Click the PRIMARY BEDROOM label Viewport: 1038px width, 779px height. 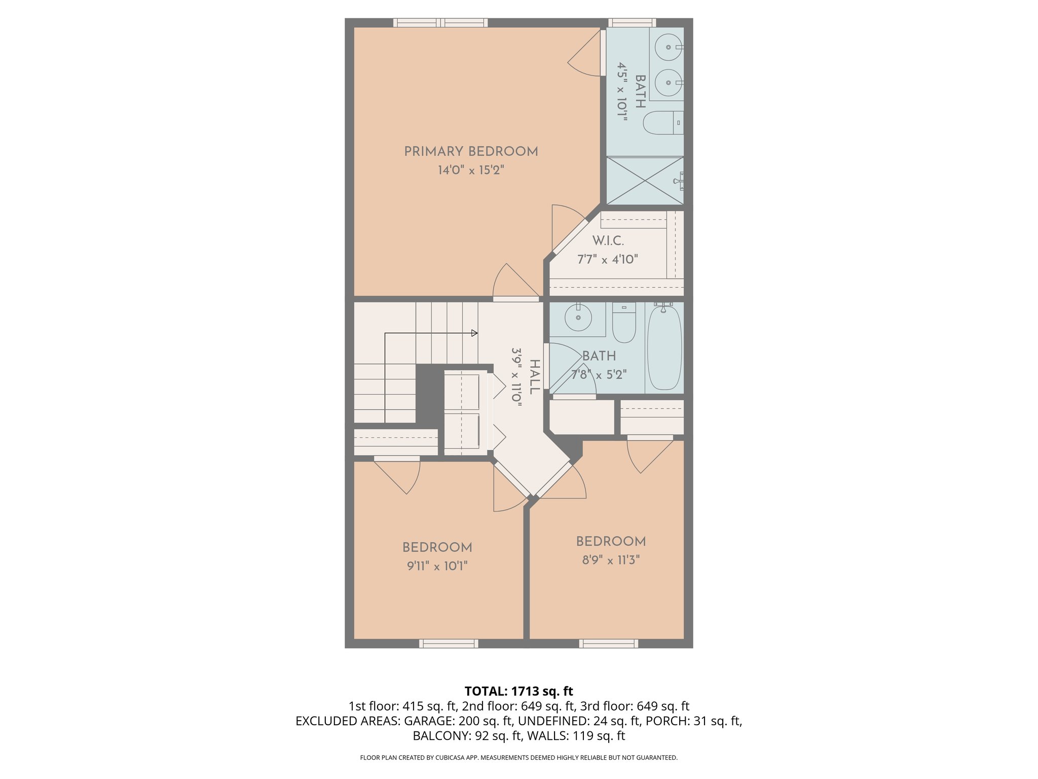click(x=471, y=151)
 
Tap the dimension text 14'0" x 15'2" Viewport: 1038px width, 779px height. click(x=471, y=170)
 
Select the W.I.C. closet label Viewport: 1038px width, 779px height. click(x=608, y=240)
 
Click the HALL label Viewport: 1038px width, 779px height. click(x=534, y=377)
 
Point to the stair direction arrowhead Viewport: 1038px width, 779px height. click(x=474, y=333)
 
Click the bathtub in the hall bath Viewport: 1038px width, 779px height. click(x=664, y=348)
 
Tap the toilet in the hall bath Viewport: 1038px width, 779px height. click(x=624, y=325)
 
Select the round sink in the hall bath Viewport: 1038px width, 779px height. click(x=578, y=318)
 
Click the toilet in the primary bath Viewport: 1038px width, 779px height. click(x=661, y=123)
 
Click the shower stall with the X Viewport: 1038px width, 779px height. click(x=644, y=181)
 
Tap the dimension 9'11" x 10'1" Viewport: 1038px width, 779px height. click(x=437, y=566)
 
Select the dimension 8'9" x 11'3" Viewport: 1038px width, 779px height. click(x=611, y=560)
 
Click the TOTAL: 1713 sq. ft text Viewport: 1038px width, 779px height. click(x=518, y=691)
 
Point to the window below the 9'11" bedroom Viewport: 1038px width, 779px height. click(x=449, y=644)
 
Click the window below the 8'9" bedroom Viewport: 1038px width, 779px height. click(x=608, y=644)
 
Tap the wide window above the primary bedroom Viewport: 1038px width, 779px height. click(x=440, y=22)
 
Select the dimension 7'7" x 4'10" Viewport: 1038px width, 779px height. click(x=607, y=259)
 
